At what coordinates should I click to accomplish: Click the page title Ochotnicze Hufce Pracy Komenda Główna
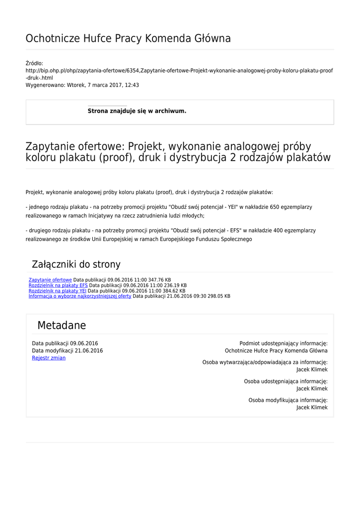(128, 38)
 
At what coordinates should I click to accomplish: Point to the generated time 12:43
(132, 85)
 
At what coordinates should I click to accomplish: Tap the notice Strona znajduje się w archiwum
(137, 111)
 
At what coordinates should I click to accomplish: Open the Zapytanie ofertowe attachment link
(50, 280)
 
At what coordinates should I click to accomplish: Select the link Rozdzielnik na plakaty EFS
(58, 285)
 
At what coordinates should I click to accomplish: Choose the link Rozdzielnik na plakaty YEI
(58, 291)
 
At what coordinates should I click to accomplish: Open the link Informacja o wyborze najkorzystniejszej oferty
(80, 296)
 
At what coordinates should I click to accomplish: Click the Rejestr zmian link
(49, 358)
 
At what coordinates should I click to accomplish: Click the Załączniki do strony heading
(76, 264)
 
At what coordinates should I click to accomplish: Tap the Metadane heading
(62, 325)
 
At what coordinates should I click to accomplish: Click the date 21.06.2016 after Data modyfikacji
(89, 351)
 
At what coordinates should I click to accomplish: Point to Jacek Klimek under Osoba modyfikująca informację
(312, 407)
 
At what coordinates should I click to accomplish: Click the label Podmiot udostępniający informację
(283, 343)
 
